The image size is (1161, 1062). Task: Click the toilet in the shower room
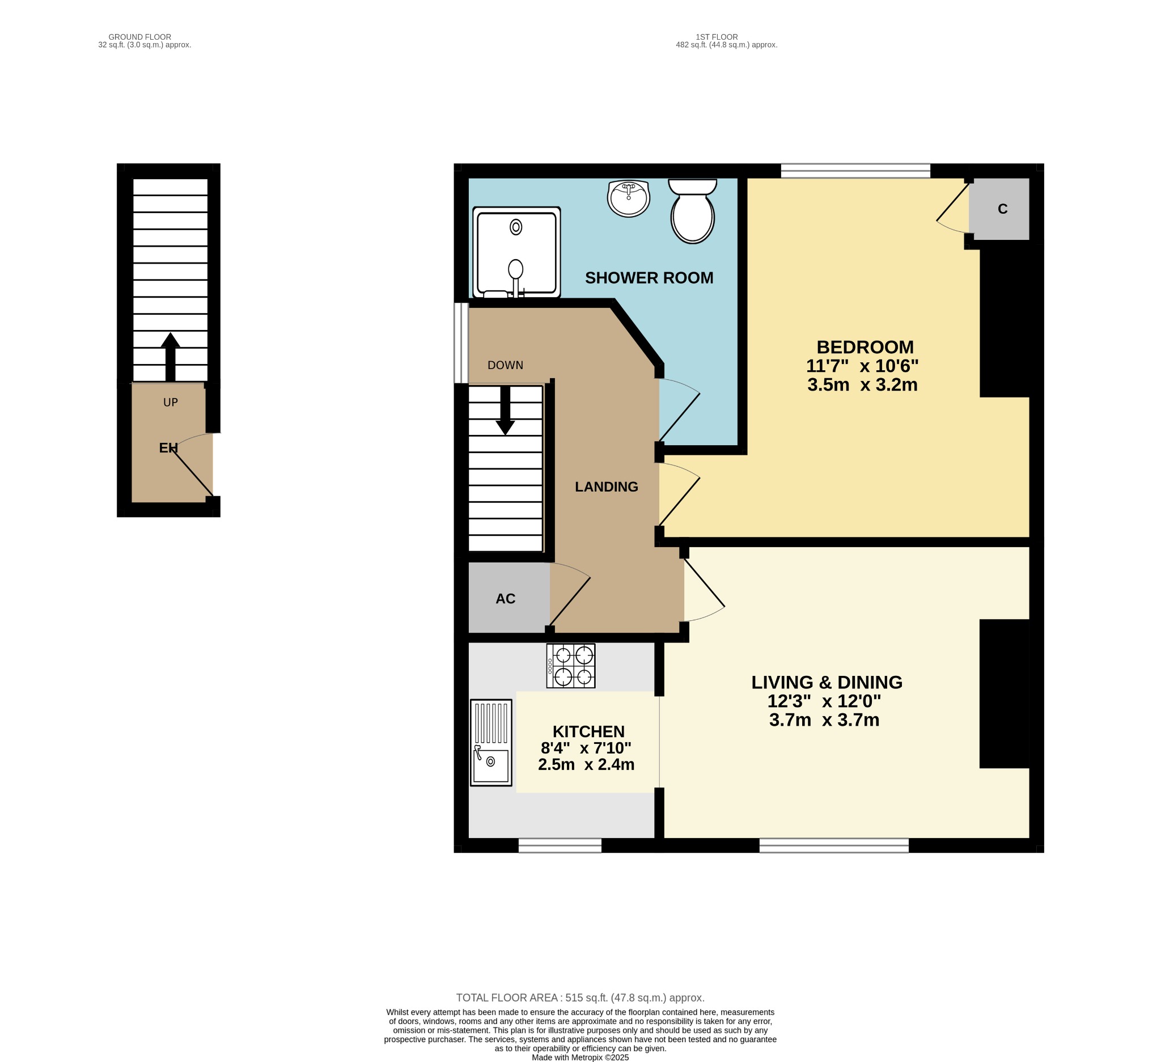pyautogui.click(x=692, y=211)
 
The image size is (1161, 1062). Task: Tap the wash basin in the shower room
pyautogui.click(x=628, y=198)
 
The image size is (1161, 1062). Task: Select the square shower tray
pyautogui.click(x=516, y=252)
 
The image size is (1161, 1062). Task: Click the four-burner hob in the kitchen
pyautogui.click(x=571, y=666)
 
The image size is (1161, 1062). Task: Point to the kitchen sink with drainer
pyautogui.click(x=491, y=743)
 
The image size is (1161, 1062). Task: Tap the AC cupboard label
pyautogui.click(x=506, y=599)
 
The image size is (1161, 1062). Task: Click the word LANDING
pyautogui.click(x=607, y=487)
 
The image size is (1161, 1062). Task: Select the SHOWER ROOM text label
pyautogui.click(x=649, y=278)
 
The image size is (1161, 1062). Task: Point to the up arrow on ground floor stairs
pyautogui.click(x=171, y=357)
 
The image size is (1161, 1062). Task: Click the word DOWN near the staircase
pyautogui.click(x=505, y=365)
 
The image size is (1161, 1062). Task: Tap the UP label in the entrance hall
pyautogui.click(x=171, y=403)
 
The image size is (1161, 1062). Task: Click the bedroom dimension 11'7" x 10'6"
pyautogui.click(x=862, y=366)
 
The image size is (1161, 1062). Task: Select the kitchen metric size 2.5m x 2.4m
pyautogui.click(x=586, y=765)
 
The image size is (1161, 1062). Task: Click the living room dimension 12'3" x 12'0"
pyautogui.click(x=824, y=701)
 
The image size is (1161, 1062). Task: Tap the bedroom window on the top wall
pyautogui.click(x=855, y=171)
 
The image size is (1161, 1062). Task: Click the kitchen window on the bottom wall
pyautogui.click(x=560, y=845)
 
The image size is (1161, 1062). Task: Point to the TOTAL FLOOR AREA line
pyautogui.click(x=580, y=998)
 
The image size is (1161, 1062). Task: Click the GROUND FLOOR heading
pyautogui.click(x=140, y=37)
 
